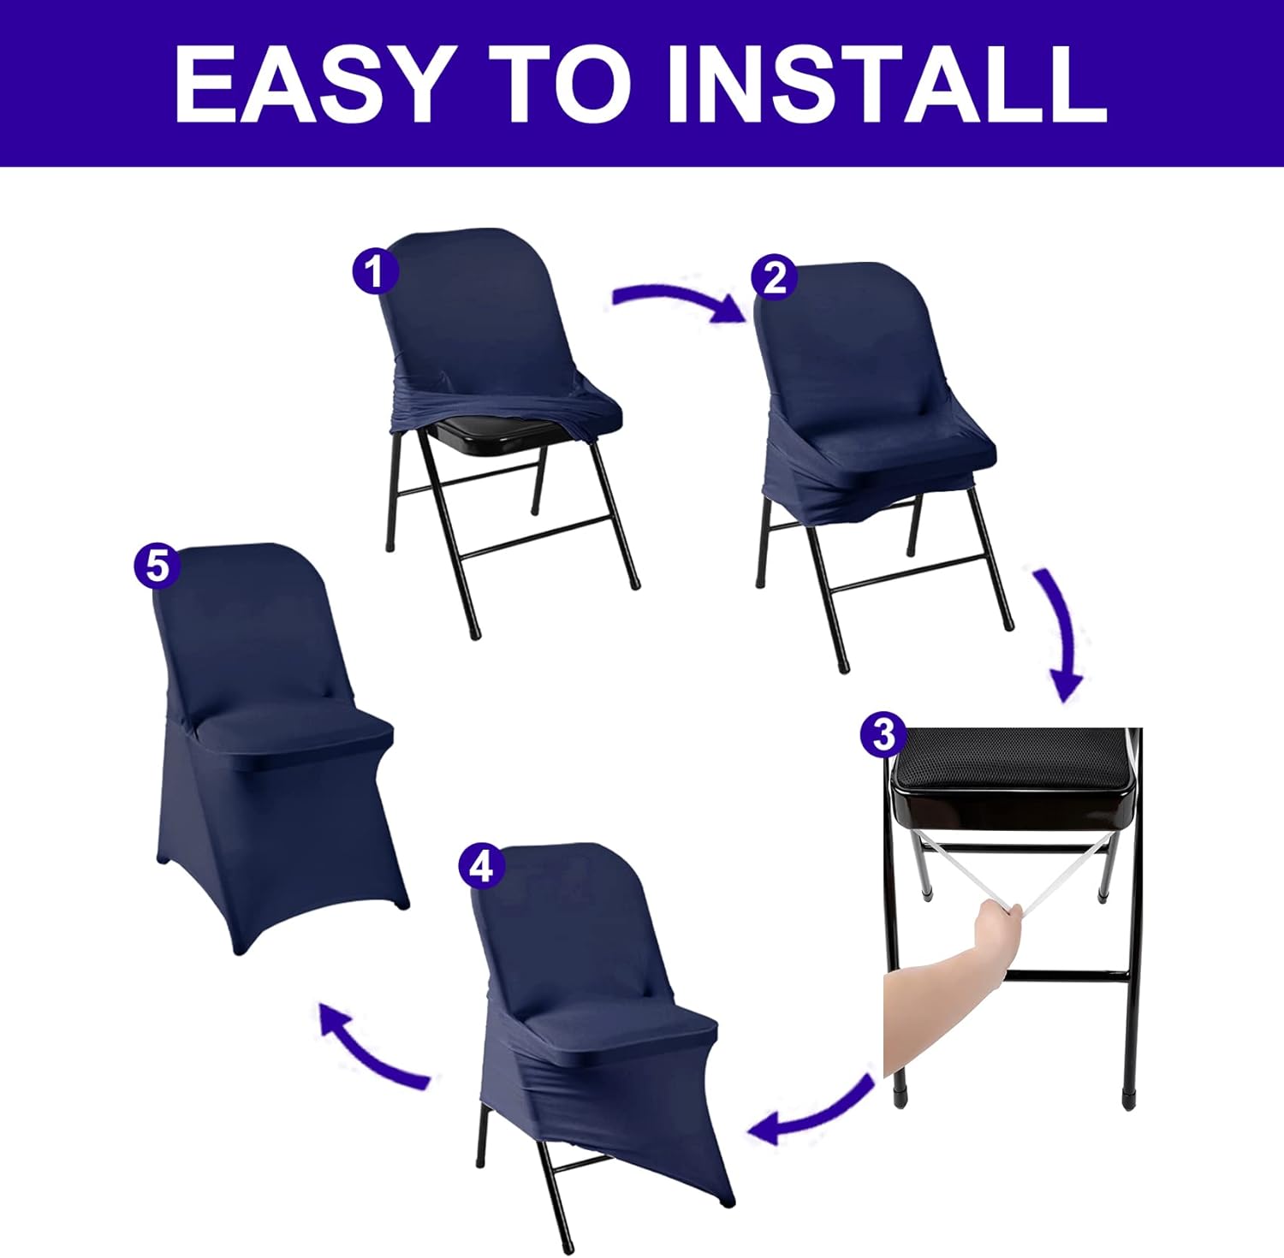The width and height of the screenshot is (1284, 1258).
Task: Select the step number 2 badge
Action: tap(774, 278)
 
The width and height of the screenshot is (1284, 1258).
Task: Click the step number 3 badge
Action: tap(883, 733)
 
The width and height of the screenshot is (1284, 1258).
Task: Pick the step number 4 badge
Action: tap(482, 867)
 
